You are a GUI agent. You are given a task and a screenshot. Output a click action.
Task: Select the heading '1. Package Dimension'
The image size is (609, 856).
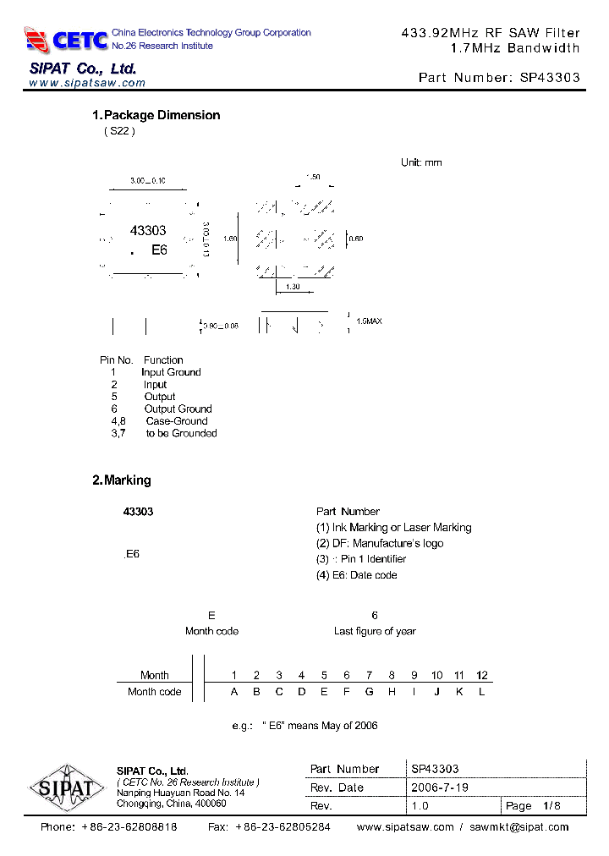pyautogui.click(x=156, y=115)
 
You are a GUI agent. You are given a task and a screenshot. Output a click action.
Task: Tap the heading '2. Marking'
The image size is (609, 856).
pyautogui.click(x=121, y=480)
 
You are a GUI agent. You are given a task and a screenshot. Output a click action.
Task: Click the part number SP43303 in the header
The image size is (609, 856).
pyautogui.click(x=550, y=77)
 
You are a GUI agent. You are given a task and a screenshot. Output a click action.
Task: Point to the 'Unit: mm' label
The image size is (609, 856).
pyautogui.click(x=421, y=162)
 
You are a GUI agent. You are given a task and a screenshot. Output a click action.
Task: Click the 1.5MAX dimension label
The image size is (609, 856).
pyautogui.click(x=369, y=321)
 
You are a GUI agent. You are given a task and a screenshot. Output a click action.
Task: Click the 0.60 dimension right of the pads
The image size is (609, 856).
pyautogui.click(x=355, y=239)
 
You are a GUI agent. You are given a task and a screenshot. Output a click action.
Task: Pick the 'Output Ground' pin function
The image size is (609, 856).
pyautogui.click(x=178, y=409)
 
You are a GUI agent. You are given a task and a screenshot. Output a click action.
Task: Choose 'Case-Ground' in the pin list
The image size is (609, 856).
pyautogui.click(x=176, y=420)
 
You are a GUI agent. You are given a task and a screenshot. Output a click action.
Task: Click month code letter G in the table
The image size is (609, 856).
pyautogui.click(x=369, y=691)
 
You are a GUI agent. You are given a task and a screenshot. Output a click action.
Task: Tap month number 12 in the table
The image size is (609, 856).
pyautogui.click(x=482, y=675)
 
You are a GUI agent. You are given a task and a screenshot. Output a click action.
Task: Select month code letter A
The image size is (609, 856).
pyautogui.click(x=234, y=691)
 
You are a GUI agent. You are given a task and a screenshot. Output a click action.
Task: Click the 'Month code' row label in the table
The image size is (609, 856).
pyautogui.click(x=154, y=691)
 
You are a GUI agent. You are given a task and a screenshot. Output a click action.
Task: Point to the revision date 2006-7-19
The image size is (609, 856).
pyautogui.click(x=440, y=787)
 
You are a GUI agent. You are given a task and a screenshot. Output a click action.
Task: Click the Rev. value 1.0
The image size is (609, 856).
pyautogui.click(x=420, y=805)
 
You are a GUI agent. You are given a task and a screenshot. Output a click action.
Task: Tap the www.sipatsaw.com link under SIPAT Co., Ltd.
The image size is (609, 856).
pyautogui.click(x=87, y=83)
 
